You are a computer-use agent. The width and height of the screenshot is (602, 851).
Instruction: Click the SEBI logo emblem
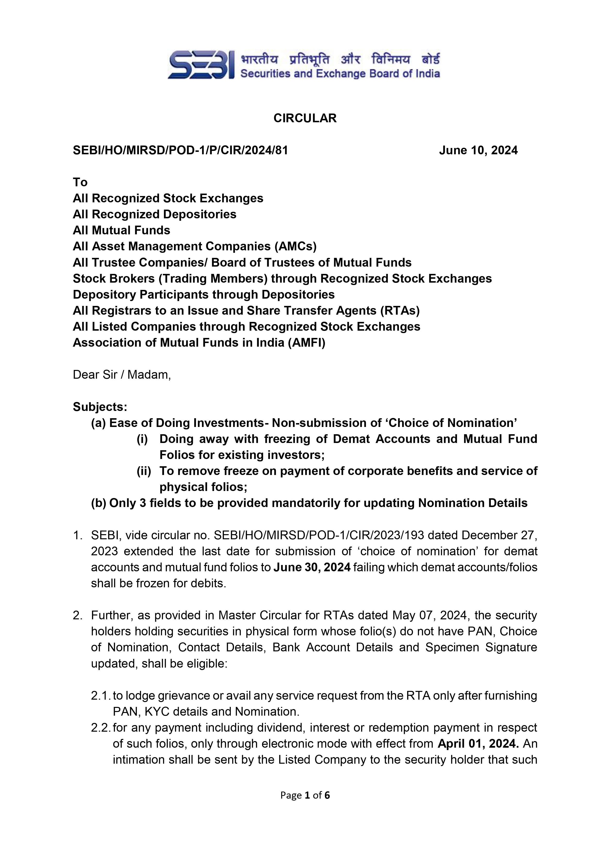pyautogui.click(x=200, y=65)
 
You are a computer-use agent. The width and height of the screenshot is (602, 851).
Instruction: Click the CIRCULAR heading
pyautogui.click(x=305, y=118)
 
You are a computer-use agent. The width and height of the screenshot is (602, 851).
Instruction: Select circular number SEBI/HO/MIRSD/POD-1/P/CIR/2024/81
pyautogui.click(x=180, y=150)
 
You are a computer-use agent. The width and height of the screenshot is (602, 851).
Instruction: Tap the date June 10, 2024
pyautogui.click(x=478, y=150)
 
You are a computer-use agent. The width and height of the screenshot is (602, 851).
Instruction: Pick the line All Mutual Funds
pyautogui.click(x=121, y=230)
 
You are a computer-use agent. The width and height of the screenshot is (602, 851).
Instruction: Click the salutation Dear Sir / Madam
pyautogui.click(x=122, y=375)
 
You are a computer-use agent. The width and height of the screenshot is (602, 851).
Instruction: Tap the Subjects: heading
pyautogui.click(x=100, y=407)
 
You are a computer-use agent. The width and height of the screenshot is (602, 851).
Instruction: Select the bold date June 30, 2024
pyautogui.click(x=312, y=567)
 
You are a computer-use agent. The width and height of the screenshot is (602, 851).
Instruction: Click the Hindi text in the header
pyautogui.click(x=340, y=59)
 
